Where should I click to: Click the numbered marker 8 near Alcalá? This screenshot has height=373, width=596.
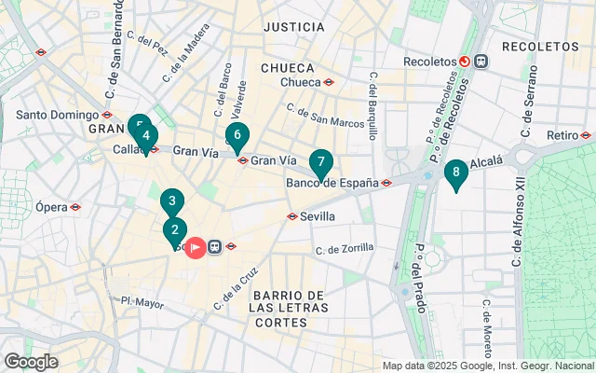455,173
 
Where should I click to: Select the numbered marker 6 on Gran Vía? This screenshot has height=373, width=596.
237,136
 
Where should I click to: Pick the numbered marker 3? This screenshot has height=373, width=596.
171,200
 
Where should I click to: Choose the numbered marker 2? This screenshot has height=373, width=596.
174,229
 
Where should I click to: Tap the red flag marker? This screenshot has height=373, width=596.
196,247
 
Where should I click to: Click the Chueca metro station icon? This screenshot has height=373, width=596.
330,81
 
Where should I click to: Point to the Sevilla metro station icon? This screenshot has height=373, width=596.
291,216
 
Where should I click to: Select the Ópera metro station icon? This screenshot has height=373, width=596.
75,207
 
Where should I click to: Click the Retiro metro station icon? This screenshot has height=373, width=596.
585,135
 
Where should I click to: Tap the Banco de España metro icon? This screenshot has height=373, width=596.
385,182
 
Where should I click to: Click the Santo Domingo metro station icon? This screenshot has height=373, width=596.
107,115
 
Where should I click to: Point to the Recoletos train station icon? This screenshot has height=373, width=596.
464,62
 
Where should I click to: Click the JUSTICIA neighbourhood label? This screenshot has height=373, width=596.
294,27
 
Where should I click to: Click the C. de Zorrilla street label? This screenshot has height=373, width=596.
345,249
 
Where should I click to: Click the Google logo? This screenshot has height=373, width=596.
31,362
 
